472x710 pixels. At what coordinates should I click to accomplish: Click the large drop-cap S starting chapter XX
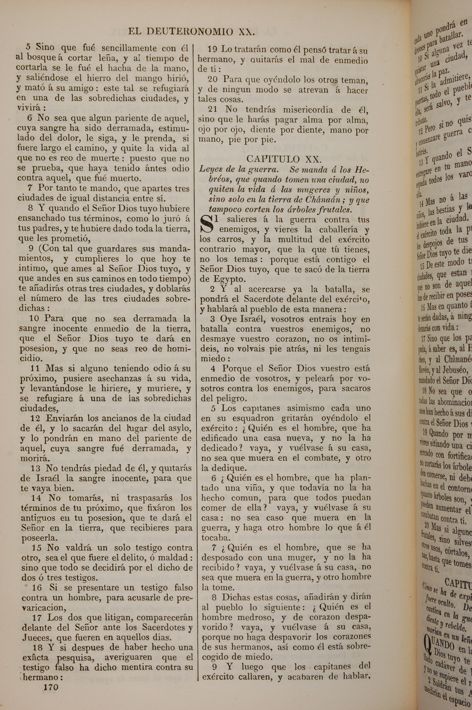click(x=207, y=225)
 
